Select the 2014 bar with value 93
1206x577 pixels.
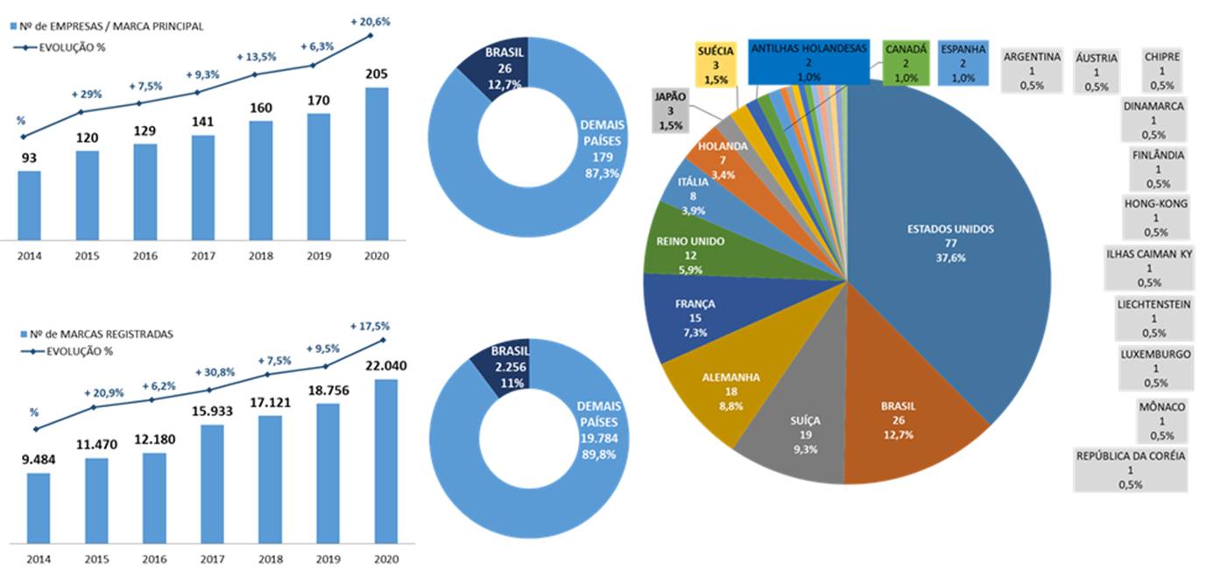(x=29, y=205)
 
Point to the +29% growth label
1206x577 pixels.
(x=86, y=94)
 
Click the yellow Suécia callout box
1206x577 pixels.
(x=716, y=65)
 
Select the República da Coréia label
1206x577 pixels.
(x=1131, y=469)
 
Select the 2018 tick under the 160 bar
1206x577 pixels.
(x=260, y=257)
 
